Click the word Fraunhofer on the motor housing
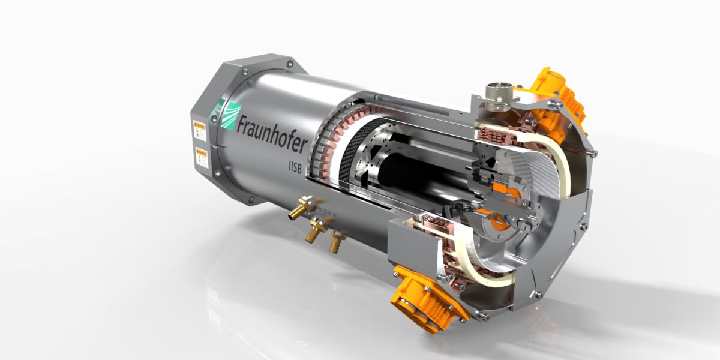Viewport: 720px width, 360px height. (272, 133)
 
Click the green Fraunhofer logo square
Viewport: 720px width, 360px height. (229, 115)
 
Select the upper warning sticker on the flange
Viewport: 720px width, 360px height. (199, 130)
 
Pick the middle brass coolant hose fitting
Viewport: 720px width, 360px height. (315, 231)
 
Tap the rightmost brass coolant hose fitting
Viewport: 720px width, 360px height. (335, 241)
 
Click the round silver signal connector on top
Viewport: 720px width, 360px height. (497, 96)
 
